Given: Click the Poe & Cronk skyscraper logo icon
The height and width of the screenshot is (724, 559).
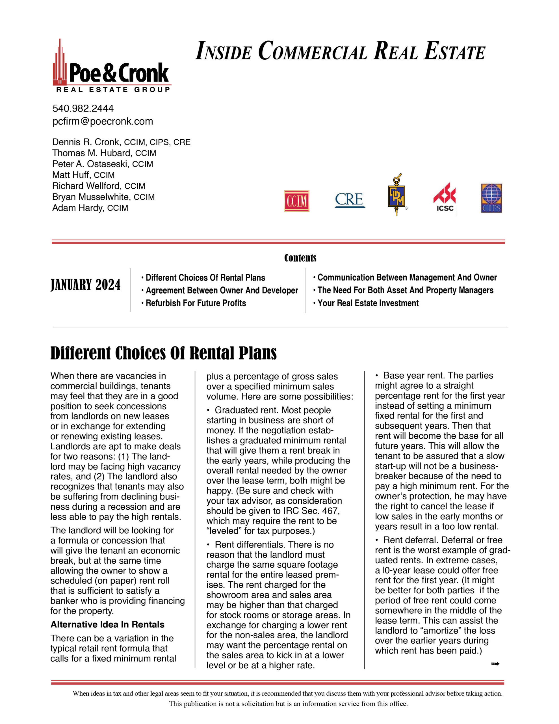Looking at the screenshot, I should click(60, 63).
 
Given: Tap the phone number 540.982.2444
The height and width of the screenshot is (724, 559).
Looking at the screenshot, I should click(83, 108).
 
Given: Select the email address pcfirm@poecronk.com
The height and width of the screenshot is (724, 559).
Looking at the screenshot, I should click(103, 121).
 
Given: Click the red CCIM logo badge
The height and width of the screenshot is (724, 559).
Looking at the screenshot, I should click(296, 201).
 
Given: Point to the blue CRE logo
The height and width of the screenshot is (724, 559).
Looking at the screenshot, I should click(350, 200).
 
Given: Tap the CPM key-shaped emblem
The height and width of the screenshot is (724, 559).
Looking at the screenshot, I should click(396, 196).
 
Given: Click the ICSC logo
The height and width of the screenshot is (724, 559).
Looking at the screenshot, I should click(445, 197).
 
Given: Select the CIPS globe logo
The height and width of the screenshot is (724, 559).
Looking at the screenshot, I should click(491, 198).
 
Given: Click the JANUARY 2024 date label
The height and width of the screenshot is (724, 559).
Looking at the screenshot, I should click(86, 285).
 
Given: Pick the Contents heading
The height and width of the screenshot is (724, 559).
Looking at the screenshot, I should click(300, 258).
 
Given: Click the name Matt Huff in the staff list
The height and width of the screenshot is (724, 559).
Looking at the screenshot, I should click(71, 175).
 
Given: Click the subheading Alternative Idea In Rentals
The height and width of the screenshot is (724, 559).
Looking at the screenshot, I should click(107, 624).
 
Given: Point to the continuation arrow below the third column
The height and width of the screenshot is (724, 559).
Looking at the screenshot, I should click(495, 664).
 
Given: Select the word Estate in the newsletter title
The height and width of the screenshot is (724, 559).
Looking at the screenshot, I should click(455, 52).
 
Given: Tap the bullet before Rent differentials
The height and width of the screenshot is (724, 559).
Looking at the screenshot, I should click(208, 545).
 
